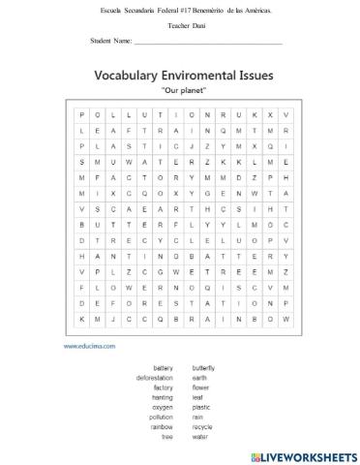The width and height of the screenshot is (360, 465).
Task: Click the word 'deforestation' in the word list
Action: click(x=155, y=377)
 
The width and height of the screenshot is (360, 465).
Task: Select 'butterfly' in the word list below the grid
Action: click(x=204, y=368)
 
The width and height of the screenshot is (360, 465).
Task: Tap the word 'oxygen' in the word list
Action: click(x=162, y=406)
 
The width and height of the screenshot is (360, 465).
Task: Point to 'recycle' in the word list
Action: click(x=202, y=425)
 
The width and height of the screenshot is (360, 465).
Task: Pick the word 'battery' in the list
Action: click(x=163, y=368)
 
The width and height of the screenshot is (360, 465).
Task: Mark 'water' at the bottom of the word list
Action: click(x=199, y=435)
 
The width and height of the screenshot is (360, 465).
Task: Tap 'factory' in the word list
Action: click(x=163, y=387)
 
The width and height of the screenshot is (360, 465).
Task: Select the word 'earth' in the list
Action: click(x=199, y=377)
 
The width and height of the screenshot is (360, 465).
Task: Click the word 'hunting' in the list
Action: click(x=162, y=396)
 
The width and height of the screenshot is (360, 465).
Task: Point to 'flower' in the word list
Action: click(x=200, y=387)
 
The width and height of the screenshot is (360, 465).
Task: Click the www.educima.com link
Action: click(x=90, y=344)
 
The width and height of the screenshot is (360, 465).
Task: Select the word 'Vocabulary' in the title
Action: click(x=129, y=75)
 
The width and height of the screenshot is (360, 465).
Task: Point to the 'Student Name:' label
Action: click(x=109, y=42)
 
